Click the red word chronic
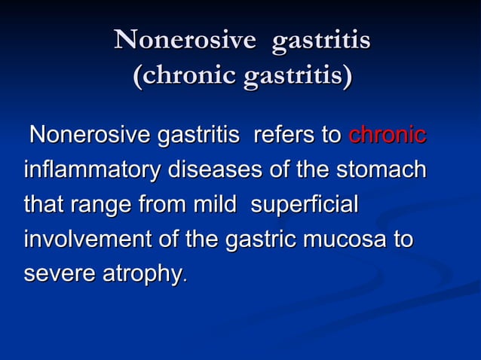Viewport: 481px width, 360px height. click(387, 136)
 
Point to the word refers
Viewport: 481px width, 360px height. click(283, 136)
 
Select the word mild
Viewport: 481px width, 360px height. click(214, 205)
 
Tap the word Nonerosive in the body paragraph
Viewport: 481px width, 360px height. click(89, 136)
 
